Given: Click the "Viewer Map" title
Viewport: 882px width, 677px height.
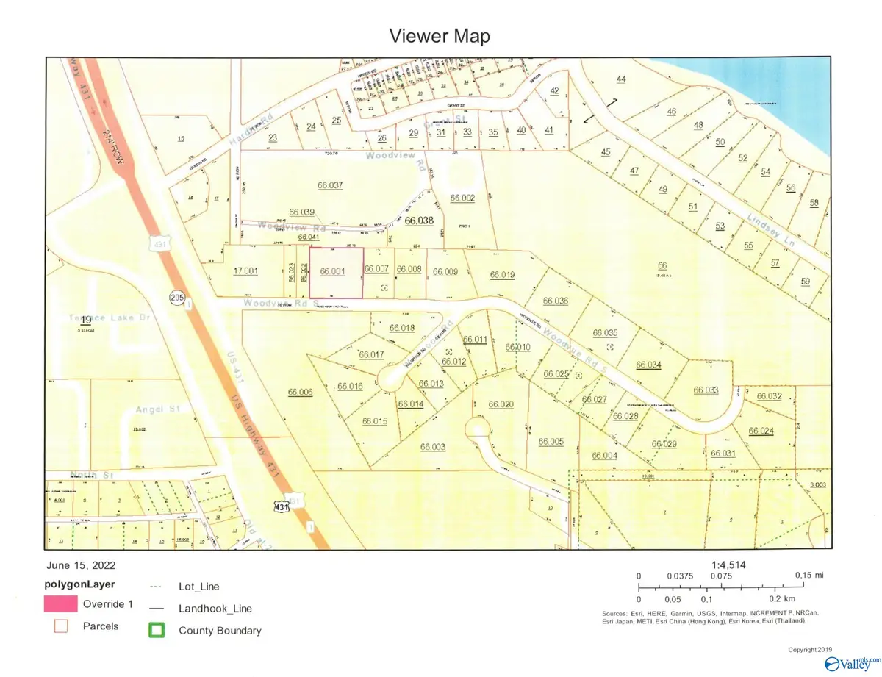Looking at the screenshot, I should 440,36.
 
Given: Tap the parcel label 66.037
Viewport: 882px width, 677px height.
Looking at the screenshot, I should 306,185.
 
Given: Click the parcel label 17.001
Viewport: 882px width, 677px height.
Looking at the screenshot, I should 245,271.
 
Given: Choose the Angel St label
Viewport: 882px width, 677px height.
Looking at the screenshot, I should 153,409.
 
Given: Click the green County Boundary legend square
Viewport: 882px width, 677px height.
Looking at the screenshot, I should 156,630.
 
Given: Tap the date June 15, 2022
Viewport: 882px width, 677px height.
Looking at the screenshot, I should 80,566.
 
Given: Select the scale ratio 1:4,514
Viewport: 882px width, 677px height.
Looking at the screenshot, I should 729,565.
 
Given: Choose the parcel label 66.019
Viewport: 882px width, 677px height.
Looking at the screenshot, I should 502,276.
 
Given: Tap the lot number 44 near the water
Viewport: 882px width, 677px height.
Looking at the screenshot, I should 621,79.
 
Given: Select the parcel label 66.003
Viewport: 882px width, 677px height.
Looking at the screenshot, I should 433,446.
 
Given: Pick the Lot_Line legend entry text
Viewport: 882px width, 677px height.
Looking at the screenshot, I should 198,587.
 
